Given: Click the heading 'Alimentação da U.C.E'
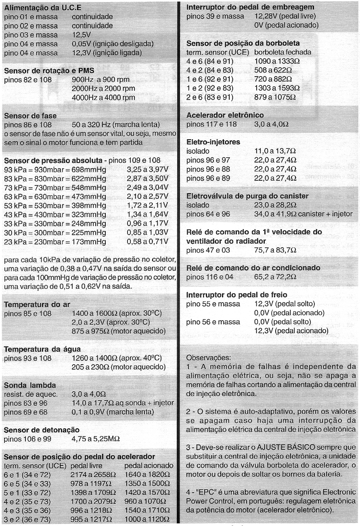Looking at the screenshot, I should [42, 8].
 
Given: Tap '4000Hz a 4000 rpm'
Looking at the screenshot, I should [103, 98].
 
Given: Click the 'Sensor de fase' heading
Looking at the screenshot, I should [30, 116].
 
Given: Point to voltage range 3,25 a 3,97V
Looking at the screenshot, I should [147, 170].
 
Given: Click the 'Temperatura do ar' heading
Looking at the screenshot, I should [37, 305].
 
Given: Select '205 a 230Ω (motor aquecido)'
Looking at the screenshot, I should [118, 367].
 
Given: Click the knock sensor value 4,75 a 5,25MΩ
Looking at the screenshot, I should [96, 438].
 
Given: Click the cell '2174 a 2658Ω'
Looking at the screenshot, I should [93, 475].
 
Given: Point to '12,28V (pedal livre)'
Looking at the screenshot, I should [285, 17].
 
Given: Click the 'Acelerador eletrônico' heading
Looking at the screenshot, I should [225, 115].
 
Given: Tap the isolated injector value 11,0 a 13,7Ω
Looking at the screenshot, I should [275, 151].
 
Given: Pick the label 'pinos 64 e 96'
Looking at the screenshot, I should [208, 214].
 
